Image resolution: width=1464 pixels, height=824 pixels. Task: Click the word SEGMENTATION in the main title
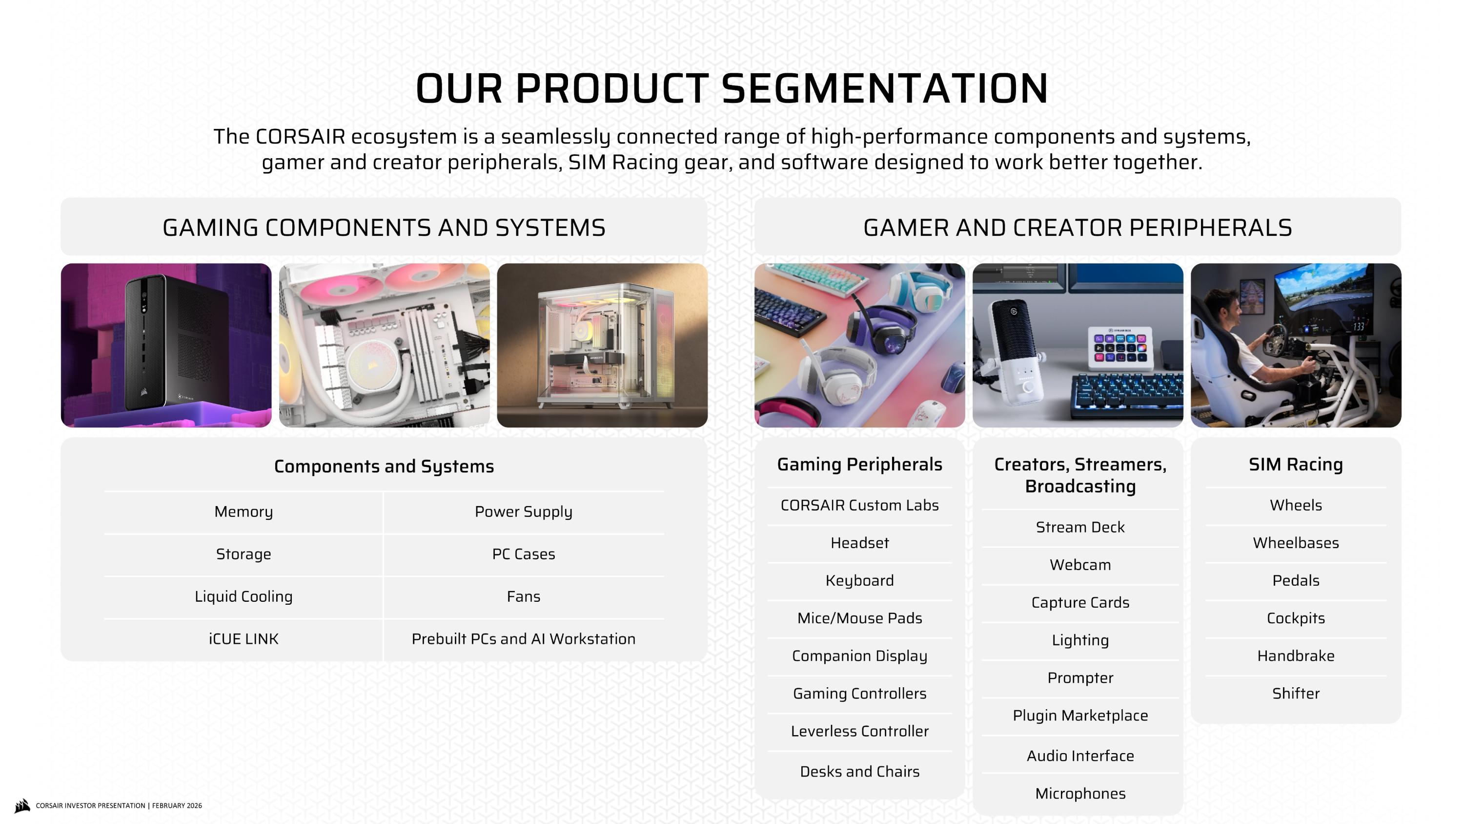coord(884,89)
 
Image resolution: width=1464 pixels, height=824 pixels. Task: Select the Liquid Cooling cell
coord(243,596)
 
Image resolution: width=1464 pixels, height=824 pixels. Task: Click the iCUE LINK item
coord(243,639)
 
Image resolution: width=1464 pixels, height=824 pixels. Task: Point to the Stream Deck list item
coord(1080,527)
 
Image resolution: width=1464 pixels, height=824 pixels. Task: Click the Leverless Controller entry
coord(859,731)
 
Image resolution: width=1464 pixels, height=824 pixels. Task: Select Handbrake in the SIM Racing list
coord(1295,655)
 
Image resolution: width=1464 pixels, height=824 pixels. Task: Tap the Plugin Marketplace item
coord(1080,716)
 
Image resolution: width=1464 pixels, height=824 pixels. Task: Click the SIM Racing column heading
coord(1295,465)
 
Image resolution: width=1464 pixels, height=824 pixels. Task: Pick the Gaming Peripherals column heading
coord(859,465)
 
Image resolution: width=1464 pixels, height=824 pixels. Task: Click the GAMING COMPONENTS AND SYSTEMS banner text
coord(384,228)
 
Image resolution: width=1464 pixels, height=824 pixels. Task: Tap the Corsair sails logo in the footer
coord(22,805)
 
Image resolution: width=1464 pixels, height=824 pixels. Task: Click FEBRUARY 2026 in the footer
coord(177,806)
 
